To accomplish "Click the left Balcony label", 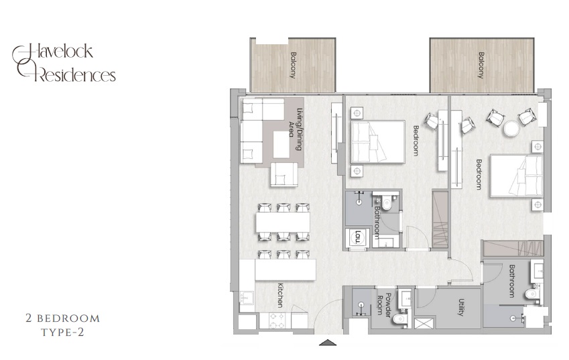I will coord(293,65).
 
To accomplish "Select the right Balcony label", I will coord(481,65).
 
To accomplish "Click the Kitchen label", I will coord(280,295).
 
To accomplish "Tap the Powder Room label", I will coord(383,302).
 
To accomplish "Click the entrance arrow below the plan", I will coord(328,344).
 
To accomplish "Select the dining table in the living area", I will coord(283,221).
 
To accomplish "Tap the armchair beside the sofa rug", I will coord(283,174).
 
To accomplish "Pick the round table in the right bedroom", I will coord(511,128).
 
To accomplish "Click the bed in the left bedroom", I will coord(377,141).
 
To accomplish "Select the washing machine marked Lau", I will coord(357,237).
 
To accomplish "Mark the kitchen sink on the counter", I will coord(247,297).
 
